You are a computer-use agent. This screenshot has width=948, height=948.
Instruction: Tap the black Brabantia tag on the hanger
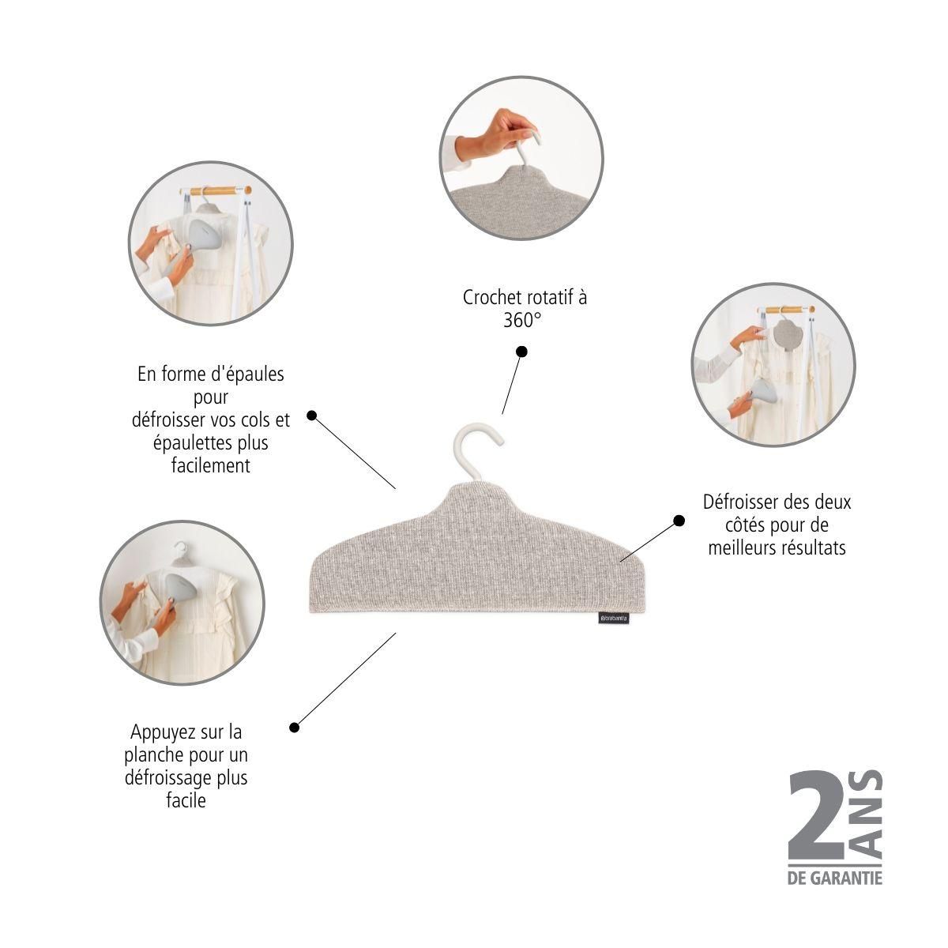click(614, 618)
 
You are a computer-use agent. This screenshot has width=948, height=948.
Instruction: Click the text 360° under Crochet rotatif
click(522, 321)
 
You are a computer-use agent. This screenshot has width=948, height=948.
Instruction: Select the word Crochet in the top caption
click(491, 297)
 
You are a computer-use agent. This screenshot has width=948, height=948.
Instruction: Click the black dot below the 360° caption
click(522, 352)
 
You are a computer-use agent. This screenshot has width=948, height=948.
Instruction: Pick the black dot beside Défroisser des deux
click(679, 521)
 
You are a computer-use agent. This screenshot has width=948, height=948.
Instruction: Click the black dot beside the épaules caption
click(311, 416)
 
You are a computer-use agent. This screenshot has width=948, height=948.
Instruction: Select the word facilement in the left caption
click(211, 465)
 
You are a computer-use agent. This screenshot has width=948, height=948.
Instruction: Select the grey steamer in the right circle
click(760, 394)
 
